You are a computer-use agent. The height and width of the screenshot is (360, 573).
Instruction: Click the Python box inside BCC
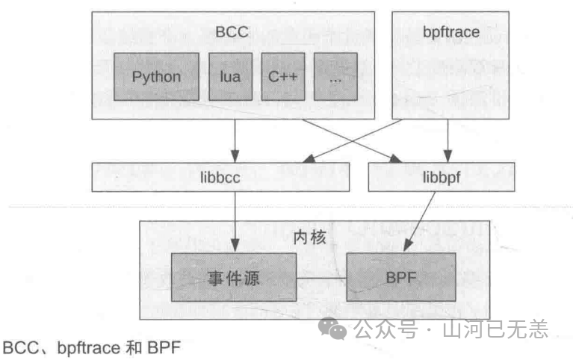click(x=156, y=77)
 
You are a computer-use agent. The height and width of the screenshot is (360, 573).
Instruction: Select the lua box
click(x=225, y=77)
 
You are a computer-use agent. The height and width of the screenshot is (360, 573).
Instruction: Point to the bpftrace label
click(x=451, y=33)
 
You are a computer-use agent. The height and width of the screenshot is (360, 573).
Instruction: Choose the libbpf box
click(x=441, y=176)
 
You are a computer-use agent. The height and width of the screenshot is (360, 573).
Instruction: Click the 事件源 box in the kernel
click(x=234, y=278)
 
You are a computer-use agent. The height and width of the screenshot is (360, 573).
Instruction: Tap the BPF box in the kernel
click(x=401, y=278)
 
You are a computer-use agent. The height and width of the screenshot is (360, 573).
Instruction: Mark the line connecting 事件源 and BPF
click(x=321, y=279)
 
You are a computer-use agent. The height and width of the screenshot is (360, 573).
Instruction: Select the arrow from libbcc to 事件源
click(x=235, y=220)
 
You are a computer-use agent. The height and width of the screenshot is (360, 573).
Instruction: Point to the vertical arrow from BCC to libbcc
click(x=235, y=140)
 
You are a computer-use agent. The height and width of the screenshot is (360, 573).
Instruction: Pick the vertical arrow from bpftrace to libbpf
click(x=447, y=140)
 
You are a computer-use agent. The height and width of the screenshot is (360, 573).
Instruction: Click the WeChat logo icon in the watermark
click(x=333, y=329)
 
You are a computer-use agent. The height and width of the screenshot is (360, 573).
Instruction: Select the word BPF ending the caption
click(x=164, y=347)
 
